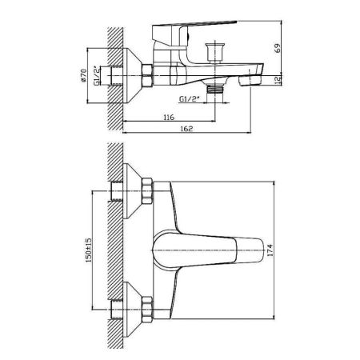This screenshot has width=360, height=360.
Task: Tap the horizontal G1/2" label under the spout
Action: [190, 99]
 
